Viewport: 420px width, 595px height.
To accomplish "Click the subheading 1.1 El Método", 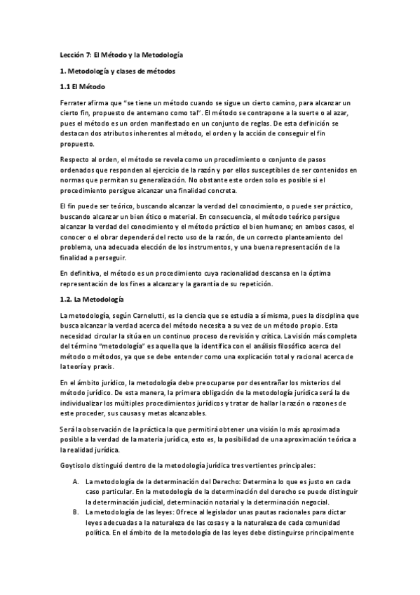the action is coord(81,87).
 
